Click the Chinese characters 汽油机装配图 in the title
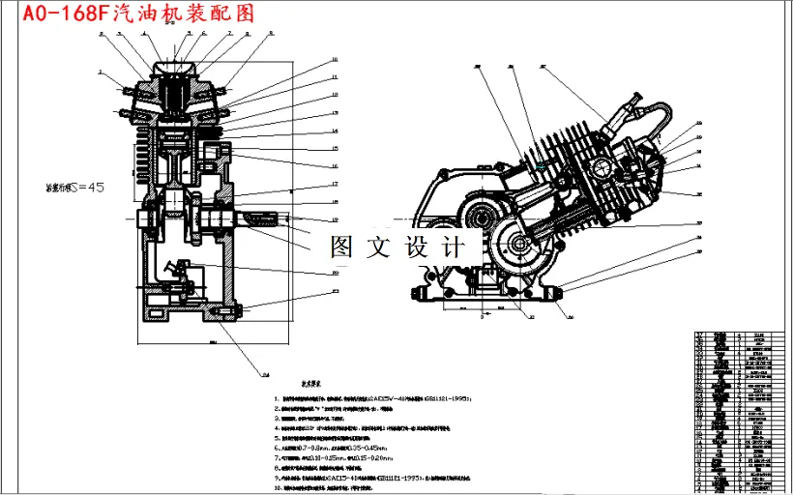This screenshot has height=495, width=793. [x=183, y=14]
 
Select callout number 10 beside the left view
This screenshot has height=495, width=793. [x=334, y=60]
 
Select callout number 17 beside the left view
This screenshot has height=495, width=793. [x=334, y=184]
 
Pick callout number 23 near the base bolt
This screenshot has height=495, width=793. [x=335, y=290]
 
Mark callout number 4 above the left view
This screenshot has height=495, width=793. [x=144, y=31]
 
